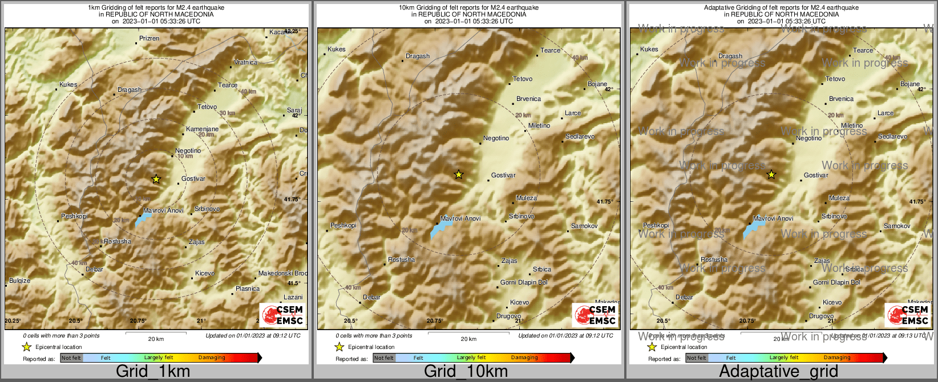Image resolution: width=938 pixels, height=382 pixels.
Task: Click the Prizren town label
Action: (x=149, y=38)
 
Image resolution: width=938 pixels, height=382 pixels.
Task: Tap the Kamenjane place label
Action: (x=202, y=129)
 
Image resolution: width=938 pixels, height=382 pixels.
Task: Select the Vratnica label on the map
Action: (x=245, y=62)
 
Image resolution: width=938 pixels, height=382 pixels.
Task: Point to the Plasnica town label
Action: (x=248, y=288)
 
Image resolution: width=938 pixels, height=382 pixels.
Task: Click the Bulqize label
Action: (x=19, y=281)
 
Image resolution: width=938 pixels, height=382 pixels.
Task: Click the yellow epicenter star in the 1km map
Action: (x=156, y=179)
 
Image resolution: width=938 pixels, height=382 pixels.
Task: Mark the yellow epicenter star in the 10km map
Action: (x=459, y=174)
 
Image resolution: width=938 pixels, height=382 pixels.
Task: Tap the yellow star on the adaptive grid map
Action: (x=771, y=174)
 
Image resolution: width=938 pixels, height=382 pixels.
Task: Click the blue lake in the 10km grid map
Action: (x=440, y=229)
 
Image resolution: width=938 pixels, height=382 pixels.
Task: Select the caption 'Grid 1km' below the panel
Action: (x=152, y=371)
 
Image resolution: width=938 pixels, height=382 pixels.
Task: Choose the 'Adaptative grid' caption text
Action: (x=778, y=371)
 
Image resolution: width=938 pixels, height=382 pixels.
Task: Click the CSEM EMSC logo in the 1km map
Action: (x=282, y=315)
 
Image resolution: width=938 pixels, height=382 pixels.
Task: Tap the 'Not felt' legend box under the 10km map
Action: (x=384, y=358)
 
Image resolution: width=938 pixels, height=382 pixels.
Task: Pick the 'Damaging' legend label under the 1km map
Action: (x=212, y=357)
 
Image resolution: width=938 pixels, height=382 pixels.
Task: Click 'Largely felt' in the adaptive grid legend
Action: (x=784, y=357)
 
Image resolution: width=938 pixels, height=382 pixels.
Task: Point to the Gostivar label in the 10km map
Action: (x=503, y=175)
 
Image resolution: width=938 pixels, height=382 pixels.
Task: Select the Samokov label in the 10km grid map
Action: (x=584, y=226)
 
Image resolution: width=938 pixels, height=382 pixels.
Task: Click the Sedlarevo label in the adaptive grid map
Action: (x=892, y=137)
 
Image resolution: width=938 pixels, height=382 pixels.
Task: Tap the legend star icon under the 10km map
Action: (x=339, y=347)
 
